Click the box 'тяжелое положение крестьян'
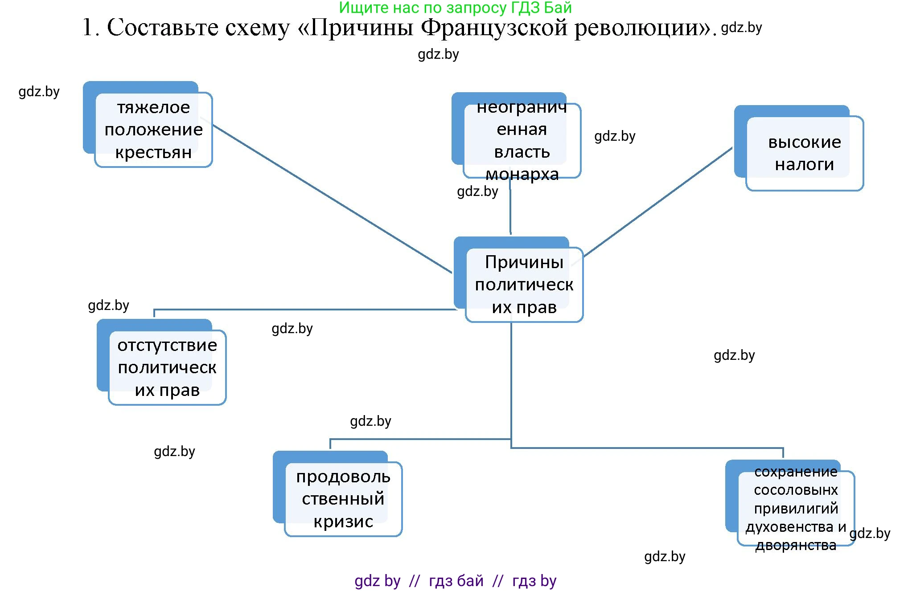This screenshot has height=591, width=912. tap(153, 129)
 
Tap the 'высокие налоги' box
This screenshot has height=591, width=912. tap(804, 153)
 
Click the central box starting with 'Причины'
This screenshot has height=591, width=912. tap(524, 284)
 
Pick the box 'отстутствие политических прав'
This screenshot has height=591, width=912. tap(167, 367)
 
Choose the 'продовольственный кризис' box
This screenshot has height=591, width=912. tap(343, 498)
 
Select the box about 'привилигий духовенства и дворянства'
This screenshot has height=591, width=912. tap(796, 508)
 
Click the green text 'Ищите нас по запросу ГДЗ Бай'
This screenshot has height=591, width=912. tap(455, 8)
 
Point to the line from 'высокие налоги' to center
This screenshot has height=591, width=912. tap(657, 202)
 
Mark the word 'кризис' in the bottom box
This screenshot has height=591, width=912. tap(343, 521)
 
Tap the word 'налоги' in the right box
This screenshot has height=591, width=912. tap(804, 164)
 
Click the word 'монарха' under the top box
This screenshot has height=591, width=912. tap(522, 174)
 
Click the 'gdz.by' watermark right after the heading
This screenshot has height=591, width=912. tap(741, 28)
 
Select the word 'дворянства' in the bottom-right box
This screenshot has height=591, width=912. tap(796, 545)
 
